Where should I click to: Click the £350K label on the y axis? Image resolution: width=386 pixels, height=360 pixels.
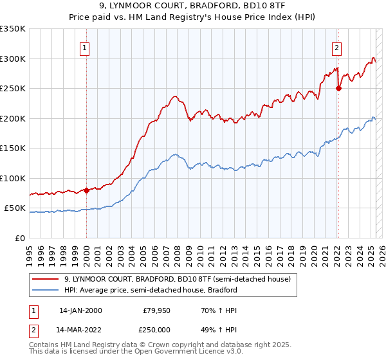[x=13, y=29]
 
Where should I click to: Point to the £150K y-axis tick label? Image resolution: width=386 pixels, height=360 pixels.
[x=13, y=148]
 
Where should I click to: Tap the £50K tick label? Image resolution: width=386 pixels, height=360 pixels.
[x=15, y=208]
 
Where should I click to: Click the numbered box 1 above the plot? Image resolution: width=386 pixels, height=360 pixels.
[x=86, y=46]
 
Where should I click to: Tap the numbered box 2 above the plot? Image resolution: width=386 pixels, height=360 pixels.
[x=336, y=46]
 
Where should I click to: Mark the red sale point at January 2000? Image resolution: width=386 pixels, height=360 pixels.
[x=86, y=190]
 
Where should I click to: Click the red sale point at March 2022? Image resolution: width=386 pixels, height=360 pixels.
[x=338, y=89]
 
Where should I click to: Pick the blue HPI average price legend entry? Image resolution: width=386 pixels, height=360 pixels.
[x=151, y=291]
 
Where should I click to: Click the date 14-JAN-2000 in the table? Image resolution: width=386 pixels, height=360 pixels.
[x=80, y=310]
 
